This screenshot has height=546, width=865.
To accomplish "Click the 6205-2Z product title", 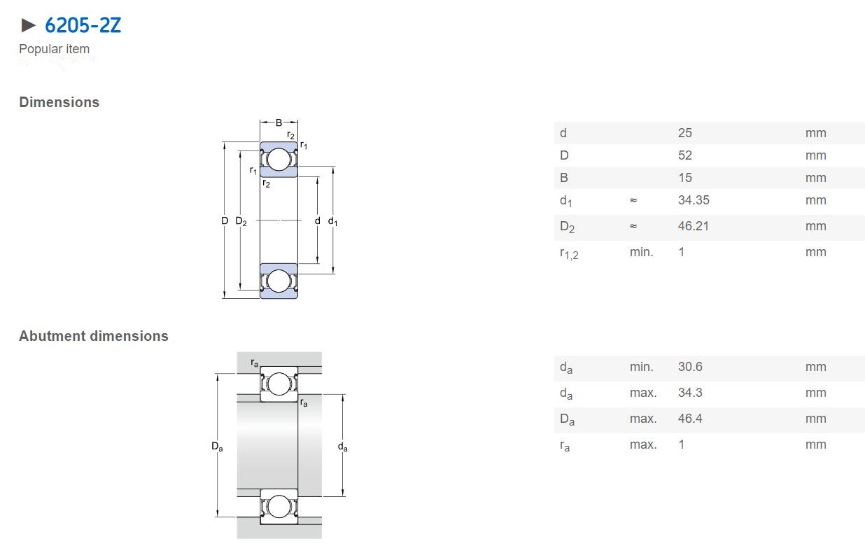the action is point(83,25).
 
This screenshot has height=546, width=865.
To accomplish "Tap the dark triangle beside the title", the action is point(28,25).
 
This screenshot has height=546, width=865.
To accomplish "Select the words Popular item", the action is point(54,49).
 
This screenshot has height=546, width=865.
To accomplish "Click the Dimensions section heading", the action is point(59,102).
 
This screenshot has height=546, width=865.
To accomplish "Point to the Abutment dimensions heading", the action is point(94,336).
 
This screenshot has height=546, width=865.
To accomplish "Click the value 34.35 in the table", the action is point(694,200).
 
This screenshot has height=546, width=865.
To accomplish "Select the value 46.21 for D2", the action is point(694,226).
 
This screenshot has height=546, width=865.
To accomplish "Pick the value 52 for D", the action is point(685,155).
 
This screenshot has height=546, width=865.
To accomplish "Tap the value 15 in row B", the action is point(685,178).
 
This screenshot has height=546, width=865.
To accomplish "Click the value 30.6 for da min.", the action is point(690,366).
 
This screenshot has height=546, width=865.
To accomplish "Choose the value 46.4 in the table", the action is point(690,418).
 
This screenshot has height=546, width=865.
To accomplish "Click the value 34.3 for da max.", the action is point(690,392).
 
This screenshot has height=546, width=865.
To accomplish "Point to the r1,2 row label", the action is point(569,253).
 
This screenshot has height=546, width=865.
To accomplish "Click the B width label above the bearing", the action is point(279,122).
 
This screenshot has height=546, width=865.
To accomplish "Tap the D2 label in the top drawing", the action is point(241,221).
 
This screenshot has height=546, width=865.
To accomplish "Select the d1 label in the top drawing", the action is point(332,221).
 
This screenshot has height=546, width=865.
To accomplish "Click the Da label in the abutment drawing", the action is point(217,447).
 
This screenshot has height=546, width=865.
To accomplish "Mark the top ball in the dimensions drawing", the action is point(279,159).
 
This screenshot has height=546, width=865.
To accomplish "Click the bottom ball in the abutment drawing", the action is point(279,506).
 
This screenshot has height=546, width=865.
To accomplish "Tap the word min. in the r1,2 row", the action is point(642,252).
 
